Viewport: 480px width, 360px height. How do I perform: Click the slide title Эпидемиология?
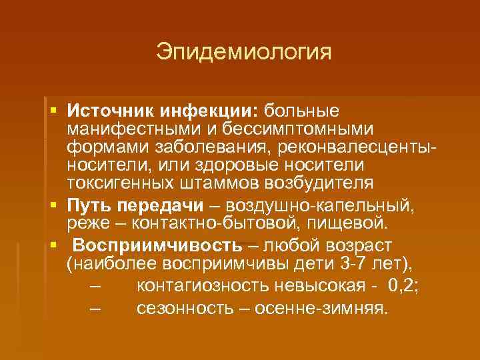tap(243, 51)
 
